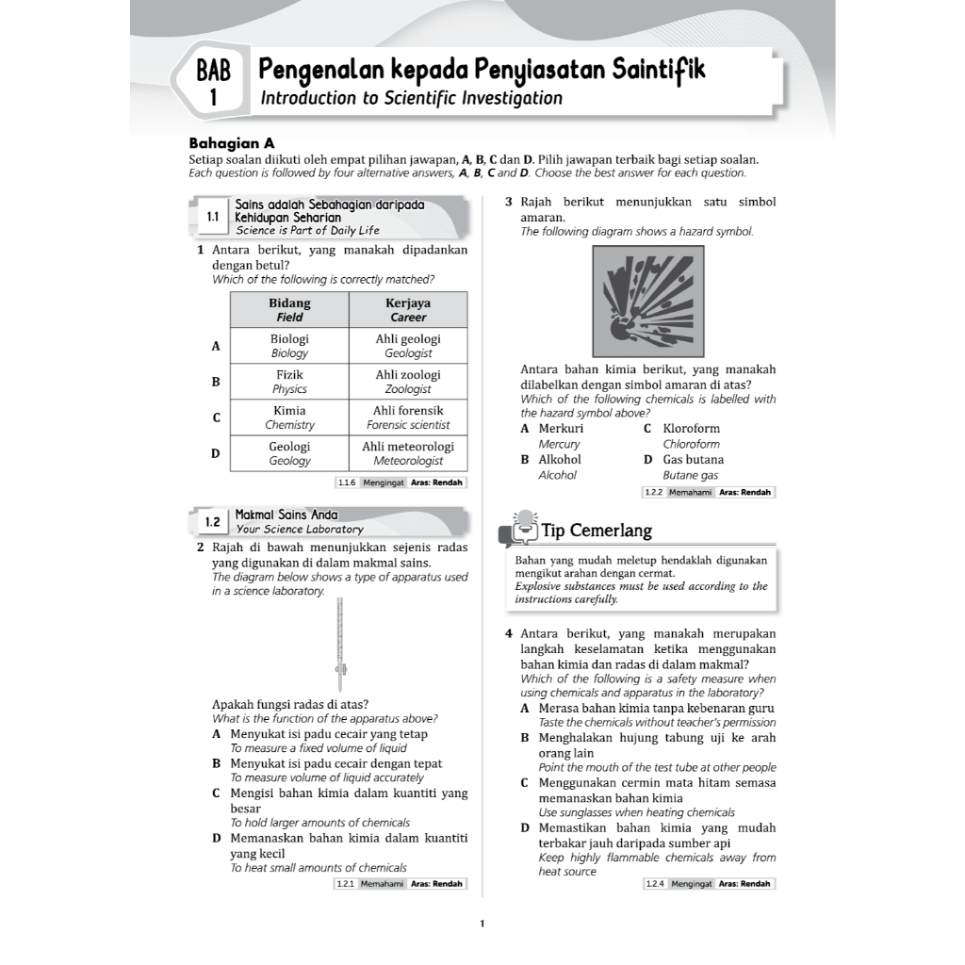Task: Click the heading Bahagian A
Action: click(232, 143)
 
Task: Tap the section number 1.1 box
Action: click(213, 217)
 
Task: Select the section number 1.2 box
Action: click(213, 521)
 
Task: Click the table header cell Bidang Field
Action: click(289, 310)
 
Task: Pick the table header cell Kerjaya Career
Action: click(408, 310)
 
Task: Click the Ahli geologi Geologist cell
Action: click(408, 346)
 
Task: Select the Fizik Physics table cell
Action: click(289, 382)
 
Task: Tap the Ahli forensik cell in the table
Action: click(408, 417)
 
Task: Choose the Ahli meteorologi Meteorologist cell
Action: click(408, 453)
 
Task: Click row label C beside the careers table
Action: click(216, 417)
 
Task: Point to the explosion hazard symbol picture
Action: click(648, 302)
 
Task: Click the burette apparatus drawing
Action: click(340, 646)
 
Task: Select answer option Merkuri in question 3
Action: click(561, 429)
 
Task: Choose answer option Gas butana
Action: click(694, 460)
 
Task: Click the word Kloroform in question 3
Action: click(692, 429)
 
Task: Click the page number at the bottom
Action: click(482, 924)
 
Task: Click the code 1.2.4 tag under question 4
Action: click(654, 884)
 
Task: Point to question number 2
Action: click(201, 548)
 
